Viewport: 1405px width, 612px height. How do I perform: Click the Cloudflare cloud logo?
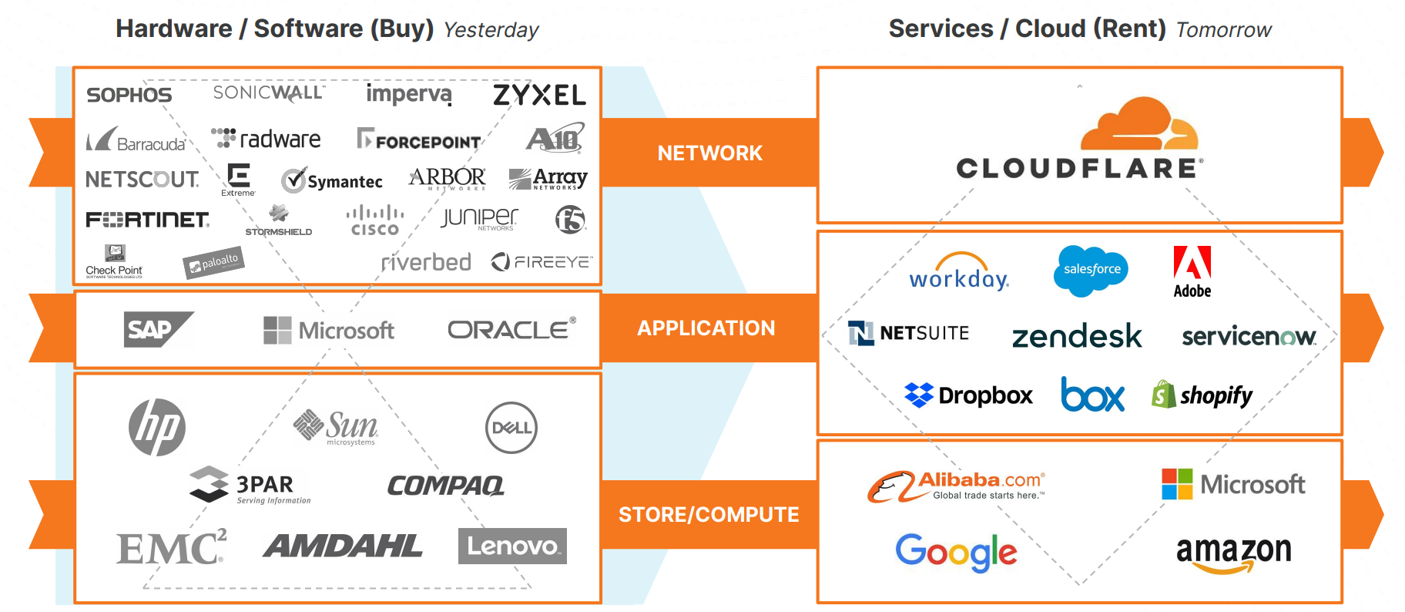point(1139,124)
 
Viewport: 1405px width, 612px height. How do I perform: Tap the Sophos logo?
point(129,95)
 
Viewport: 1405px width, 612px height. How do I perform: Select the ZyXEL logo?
point(539,95)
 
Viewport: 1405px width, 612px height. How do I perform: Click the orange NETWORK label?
point(709,153)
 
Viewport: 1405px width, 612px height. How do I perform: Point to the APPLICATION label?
point(706,328)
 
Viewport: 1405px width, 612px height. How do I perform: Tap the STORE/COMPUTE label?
point(709,514)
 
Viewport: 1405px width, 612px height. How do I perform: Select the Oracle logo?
point(511,329)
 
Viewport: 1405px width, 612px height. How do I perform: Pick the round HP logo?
point(157,427)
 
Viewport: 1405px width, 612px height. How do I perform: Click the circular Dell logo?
point(511,428)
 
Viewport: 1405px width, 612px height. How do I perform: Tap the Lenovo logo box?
point(512,546)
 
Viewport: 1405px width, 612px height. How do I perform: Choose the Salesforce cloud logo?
point(1091,270)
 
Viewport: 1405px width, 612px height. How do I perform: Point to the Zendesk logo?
point(1076,336)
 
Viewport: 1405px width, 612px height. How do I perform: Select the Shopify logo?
point(1202,395)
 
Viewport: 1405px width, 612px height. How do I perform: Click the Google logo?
point(956,552)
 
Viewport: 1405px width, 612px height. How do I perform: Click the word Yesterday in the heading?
point(491,30)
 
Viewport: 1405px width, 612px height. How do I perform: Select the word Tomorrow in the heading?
point(1223,30)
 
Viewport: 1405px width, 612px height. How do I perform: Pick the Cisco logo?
point(375,220)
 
